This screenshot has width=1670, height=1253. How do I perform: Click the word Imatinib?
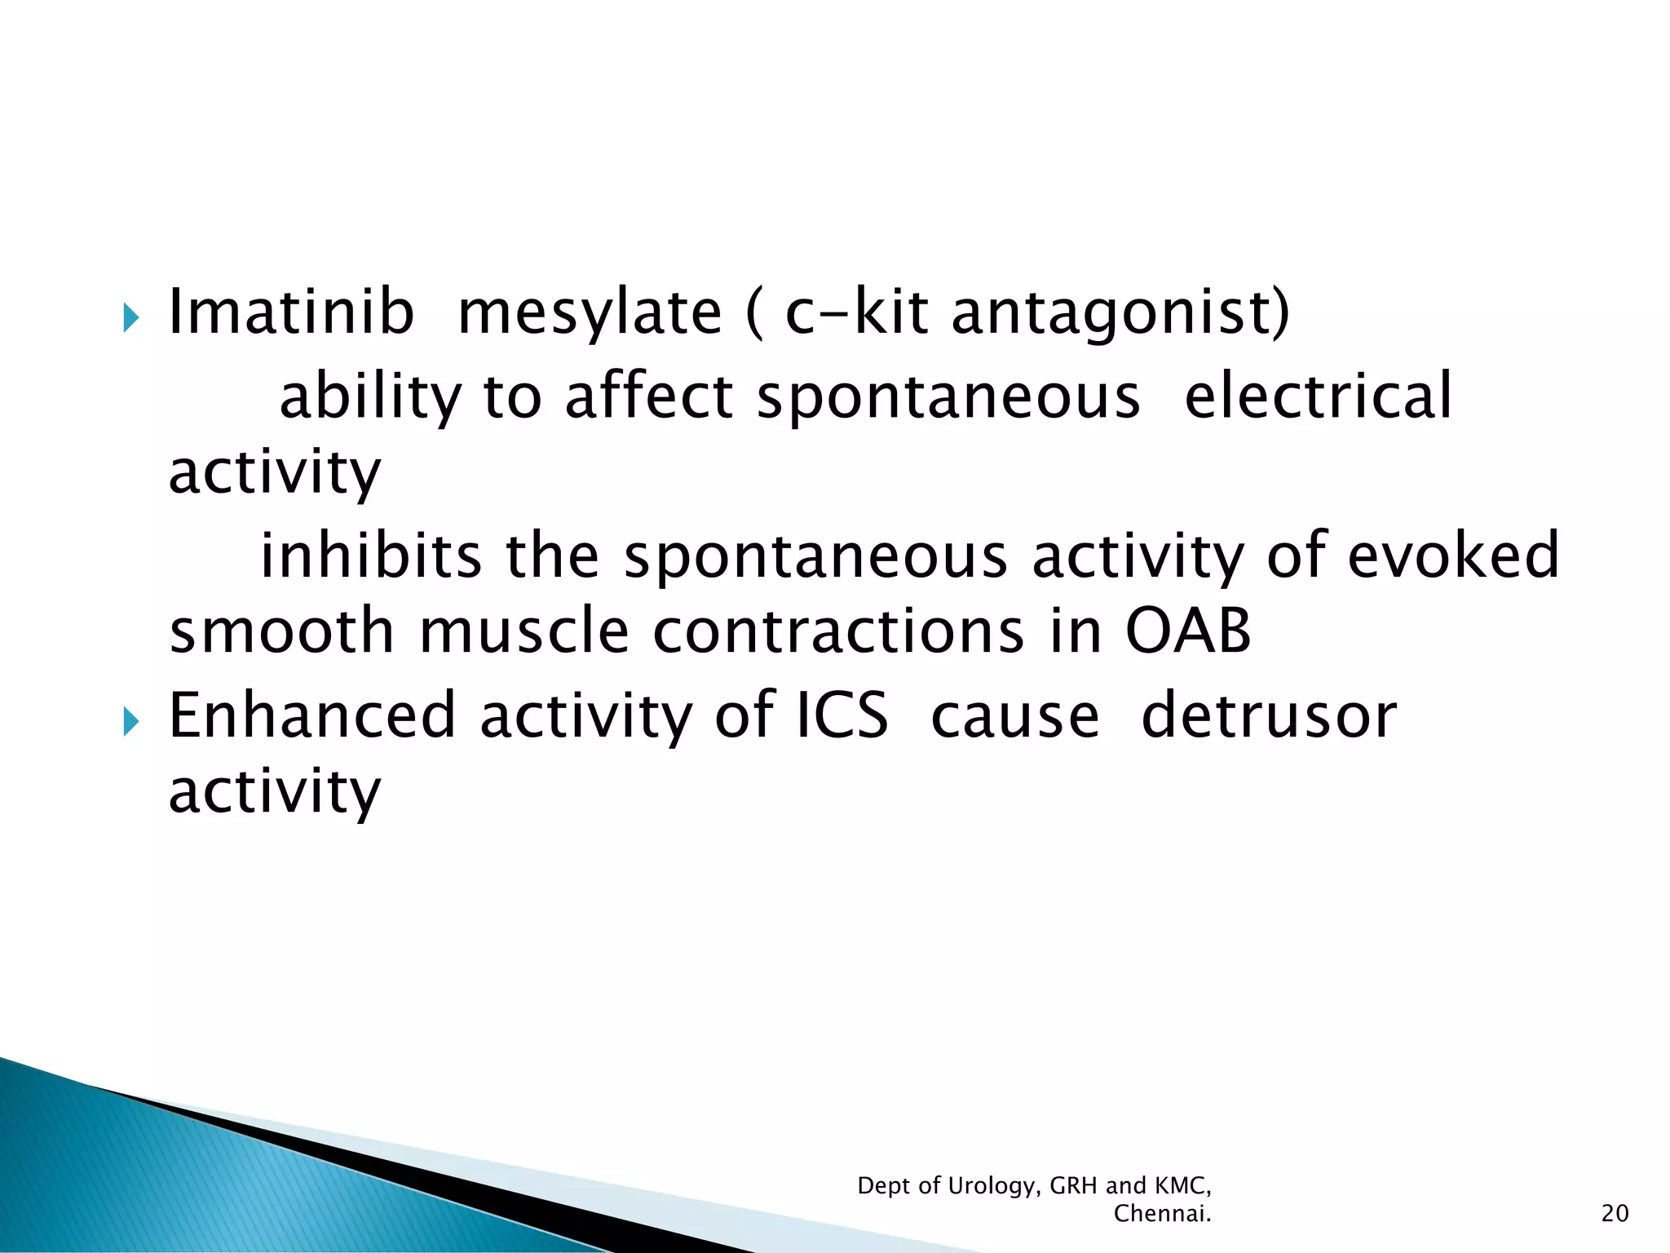pos(290,312)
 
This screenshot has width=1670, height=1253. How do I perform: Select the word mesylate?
pos(590,314)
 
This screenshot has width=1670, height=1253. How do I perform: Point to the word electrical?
pos(1317,396)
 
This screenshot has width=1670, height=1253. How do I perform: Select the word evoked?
pos(1452,556)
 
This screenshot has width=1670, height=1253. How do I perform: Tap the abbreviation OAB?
pos(1187,631)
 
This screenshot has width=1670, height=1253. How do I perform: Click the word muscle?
pos(524,631)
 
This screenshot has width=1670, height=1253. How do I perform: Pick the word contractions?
pos(837,631)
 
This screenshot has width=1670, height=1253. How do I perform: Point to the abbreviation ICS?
pos(841,715)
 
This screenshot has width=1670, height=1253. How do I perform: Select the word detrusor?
pos(1268,715)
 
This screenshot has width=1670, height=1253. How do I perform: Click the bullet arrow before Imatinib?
pos(130,317)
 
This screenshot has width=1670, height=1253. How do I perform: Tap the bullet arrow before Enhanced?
pos(130,720)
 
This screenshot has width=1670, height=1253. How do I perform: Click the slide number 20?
pos(1614,1214)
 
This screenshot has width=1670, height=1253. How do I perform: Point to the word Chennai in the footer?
pos(1161,1214)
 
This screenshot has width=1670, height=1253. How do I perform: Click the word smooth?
pos(281,631)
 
